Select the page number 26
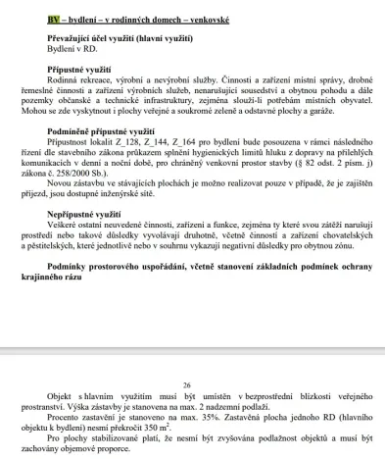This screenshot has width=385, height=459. (x=193, y=386)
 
